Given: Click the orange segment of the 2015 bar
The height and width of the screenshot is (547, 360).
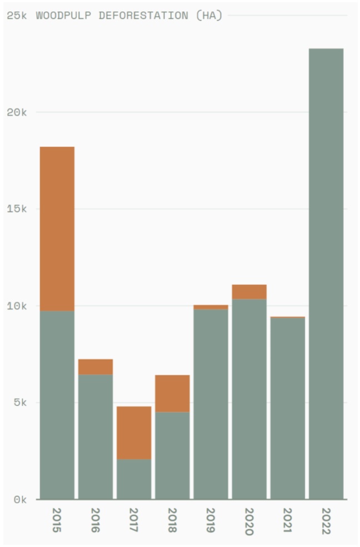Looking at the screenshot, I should click(x=57, y=228).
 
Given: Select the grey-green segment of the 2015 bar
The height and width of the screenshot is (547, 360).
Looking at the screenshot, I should click(x=57, y=405).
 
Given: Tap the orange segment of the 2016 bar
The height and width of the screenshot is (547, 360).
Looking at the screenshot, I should click(x=96, y=367).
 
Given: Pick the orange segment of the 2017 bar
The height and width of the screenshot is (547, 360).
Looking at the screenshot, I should click(x=134, y=432).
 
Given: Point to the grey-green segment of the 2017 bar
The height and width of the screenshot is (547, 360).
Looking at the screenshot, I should click(x=134, y=479).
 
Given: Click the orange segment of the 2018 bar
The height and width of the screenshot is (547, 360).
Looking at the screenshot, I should click(x=172, y=393).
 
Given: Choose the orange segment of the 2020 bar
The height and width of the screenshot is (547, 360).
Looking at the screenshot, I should click(x=249, y=292).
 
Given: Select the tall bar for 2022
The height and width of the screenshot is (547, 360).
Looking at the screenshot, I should click(x=326, y=273).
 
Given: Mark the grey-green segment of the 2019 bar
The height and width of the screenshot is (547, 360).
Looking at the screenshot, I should click(x=211, y=404).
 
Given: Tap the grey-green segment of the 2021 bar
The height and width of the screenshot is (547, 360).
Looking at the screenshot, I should click(x=288, y=409).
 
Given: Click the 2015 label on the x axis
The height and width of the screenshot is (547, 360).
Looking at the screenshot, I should click(x=57, y=520).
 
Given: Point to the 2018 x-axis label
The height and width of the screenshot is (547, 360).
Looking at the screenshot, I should click(x=172, y=520).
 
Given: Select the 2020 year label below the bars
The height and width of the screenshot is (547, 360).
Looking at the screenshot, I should click(x=249, y=521).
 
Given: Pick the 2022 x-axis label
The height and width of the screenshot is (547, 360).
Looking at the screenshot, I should click(x=326, y=520).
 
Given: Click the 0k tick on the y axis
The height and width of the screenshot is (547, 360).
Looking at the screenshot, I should click(x=20, y=500).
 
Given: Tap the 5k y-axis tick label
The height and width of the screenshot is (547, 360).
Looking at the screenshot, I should click(x=20, y=403).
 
